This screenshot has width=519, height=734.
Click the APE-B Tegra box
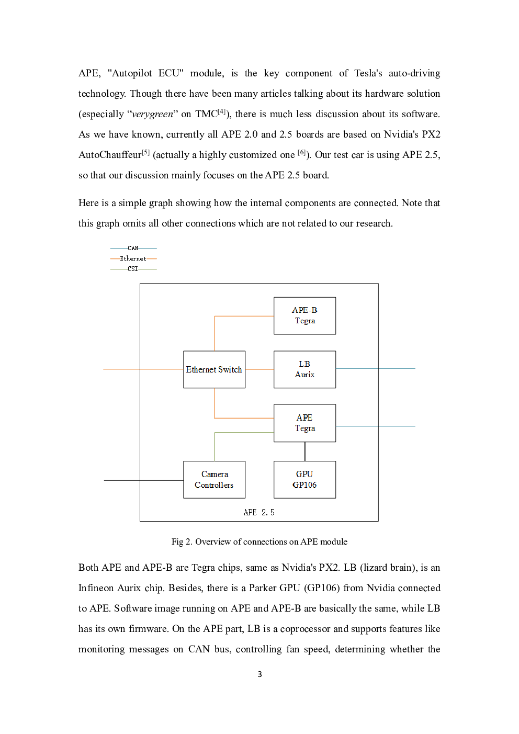click(x=304, y=315)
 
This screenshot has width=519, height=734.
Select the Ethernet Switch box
click(x=214, y=369)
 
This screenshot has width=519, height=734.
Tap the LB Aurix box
click(x=304, y=369)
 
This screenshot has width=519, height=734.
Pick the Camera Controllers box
click(x=214, y=479)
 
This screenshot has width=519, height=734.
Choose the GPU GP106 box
click(x=304, y=479)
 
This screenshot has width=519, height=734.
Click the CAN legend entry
click(x=133, y=248)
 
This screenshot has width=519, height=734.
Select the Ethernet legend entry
click(x=133, y=258)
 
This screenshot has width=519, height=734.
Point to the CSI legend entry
click(x=133, y=269)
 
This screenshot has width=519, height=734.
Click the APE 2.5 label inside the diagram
click(x=259, y=512)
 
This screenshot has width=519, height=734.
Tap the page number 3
click(x=259, y=674)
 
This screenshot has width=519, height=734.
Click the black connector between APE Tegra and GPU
click(x=304, y=451)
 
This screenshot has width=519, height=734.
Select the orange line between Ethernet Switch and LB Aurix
click(x=259, y=369)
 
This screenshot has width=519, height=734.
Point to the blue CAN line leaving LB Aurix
click(x=376, y=368)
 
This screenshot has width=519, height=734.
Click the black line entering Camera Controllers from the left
click(x=143, y=480)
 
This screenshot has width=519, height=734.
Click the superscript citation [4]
click(x=222, y=111)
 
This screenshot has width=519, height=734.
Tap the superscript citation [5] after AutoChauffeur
click(x=145, y=152)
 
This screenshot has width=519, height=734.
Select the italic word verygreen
click(x=152, y=114)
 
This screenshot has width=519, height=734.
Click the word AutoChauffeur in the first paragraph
click(x=110, y=155)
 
